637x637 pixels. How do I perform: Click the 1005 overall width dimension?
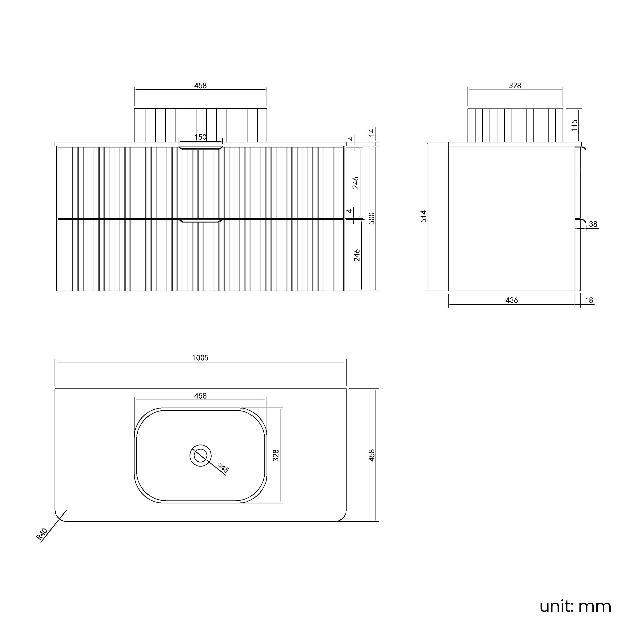coord(200,358)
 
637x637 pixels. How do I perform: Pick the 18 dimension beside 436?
coord(589,300)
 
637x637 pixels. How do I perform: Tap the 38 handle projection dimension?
coord(593,224)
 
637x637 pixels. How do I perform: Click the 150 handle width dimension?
coord(200,137)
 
